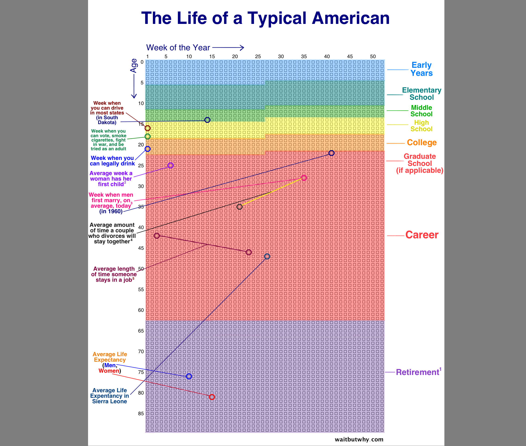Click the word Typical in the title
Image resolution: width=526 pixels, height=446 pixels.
(x=277, y=18)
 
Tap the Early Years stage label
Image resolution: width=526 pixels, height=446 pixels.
(x=421, y=69)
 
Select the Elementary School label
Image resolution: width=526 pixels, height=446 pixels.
(x=421, y=94)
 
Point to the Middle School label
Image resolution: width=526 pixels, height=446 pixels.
(x=421, y=111)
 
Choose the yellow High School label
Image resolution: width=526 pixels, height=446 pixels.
(x=421, y=126)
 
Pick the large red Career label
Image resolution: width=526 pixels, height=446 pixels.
(x=422, y=235)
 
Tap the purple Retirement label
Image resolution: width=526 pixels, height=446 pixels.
(x=417, y=372)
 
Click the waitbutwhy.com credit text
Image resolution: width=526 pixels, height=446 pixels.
(x=359, y=439)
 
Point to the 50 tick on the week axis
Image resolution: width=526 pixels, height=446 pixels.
(x=373, y=56)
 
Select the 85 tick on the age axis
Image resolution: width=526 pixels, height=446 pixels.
(x=141, y=414)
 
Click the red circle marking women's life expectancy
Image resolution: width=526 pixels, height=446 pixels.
(x=212, y=397)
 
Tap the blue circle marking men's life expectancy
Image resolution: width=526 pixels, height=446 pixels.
(x=189, y=376)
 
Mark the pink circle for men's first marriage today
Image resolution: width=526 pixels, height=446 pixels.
(x=304, y=178)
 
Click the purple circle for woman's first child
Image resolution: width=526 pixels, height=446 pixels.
(x=171, y=165)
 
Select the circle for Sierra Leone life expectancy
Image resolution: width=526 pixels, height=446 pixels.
(x=267, y=256)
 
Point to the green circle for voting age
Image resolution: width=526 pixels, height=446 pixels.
(x=148, y=136)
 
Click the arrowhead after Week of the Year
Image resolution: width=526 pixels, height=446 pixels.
(x=242, y=48)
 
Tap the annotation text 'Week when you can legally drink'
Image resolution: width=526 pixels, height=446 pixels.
(x=112, y=161)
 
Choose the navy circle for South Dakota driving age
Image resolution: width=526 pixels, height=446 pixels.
(x=207, y=120)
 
